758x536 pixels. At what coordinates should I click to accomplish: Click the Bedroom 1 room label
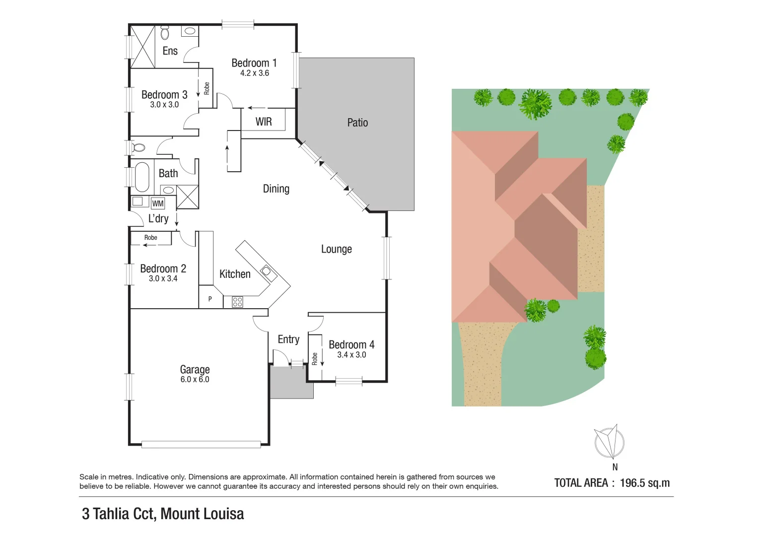pyautogui.click(x=254, y=63)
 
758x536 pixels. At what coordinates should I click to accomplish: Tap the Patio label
pyautogui.click(x=357, y=123)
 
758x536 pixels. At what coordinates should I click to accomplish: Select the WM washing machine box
pyautogui.click(x=157, y=203)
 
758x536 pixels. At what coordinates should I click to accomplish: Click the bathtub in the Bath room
pyautogui.click(x=142, y=177)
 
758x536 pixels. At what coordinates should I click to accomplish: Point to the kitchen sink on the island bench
pyautogui.click(x=267, y=271)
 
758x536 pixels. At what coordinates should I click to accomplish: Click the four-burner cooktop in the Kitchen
pyautogui.click(x=237, y=301)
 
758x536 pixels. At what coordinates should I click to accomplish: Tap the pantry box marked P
pyautogui.click(x=210, y=299)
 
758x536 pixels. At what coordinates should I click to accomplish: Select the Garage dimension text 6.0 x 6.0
pyautogui.click(x=195, y=380)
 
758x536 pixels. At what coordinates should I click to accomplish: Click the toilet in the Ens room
pyautogui.click(x=165, y=33)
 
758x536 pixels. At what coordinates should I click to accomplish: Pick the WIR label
pyautogui.click(x=264, y=122)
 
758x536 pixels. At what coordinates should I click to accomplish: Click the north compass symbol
pyautogui.click(x=610, y=442)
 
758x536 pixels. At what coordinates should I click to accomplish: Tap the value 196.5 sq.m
pyautogui.click(x=644, y=483)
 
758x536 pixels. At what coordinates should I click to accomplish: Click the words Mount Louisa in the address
pyautogui.click(x=202, y=514)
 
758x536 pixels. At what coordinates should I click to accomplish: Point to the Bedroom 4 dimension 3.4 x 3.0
pyautogui.click(x=351, y=355)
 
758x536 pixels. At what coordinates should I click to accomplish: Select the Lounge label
pyautogui.click(x=336, y=249)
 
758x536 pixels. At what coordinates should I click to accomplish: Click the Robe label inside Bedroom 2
pyautogui.click(x=150, y=238)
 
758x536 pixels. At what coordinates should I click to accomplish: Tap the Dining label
pyautogui.click(x=276, y=189)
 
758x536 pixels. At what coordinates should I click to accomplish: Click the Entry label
pyautogui.click(x=288, y=339)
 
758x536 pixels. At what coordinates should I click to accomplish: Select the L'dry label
pyautogui.click(x=158, y=218)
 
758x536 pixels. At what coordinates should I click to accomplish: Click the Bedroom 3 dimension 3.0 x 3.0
pyautogui.click(x=164, y=105)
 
